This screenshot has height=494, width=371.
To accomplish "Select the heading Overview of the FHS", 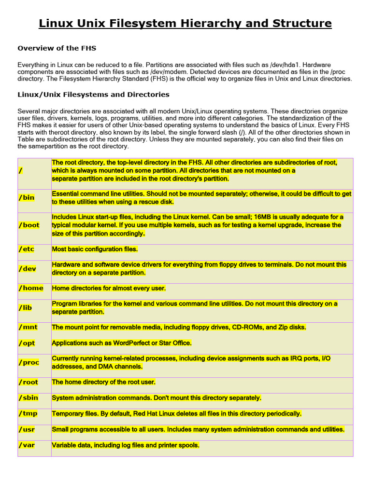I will [x=57, y=48].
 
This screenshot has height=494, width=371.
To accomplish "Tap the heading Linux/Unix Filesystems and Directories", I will [x=93, y=95].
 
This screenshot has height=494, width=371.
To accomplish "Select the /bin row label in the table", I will [x=27, y=198].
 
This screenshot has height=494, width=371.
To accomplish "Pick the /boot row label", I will [x=29, y=225].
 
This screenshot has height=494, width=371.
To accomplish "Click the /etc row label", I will [x=27, y=249].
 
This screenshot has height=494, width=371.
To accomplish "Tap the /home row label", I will [x=30, y=288].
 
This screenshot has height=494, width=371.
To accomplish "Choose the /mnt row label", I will [x=28, y=327].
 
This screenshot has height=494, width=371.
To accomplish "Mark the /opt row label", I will [x=27, y=343].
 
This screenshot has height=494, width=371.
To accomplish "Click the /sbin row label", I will [x=28, y=398].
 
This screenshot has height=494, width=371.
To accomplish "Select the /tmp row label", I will [x=28, y=413].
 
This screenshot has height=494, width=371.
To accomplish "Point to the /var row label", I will [x=27, y=445].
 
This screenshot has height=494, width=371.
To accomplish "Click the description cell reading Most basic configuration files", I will [x=95, y=249].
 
